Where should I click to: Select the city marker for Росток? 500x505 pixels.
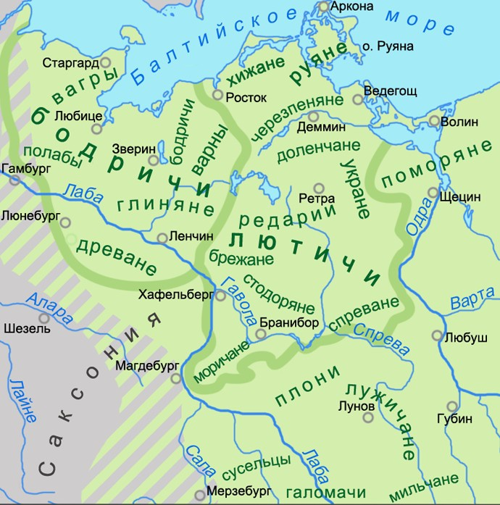coord(217,94)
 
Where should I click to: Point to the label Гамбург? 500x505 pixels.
coord(27,167)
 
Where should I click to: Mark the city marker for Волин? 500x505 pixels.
coord(433,121)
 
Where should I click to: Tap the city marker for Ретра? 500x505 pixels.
coord(317,187)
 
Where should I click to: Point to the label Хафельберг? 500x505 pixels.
coord(177,294)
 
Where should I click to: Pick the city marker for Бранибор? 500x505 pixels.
coord(260,334)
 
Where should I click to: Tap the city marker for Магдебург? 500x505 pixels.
coord(175,377)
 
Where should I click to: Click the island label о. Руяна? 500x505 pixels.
coord(388,46)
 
